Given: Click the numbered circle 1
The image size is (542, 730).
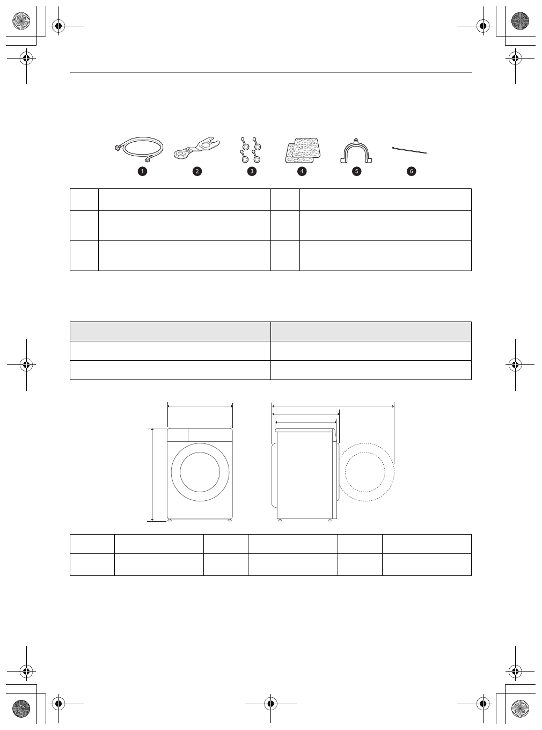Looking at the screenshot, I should pos(142,171).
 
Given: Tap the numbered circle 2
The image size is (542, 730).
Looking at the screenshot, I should pos(197,171).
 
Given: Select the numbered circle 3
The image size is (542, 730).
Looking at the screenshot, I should pos(251,171).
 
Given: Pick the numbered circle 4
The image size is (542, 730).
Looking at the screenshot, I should pos(302,171).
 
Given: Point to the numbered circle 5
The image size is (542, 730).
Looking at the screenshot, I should pos(356,171).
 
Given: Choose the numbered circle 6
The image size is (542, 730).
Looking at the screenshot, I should pos(412,171).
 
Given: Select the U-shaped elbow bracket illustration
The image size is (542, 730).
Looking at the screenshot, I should pos(356,150).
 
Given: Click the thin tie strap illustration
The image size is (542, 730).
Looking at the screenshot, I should pos(409,150).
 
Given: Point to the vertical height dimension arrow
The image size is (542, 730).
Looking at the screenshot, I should pos(153,474).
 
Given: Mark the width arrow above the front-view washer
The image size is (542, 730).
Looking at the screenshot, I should pos(200,406).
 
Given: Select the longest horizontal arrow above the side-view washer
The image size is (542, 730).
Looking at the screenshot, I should pos(333,406).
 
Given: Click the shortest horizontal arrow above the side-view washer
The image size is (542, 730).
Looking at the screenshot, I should pos(305,422).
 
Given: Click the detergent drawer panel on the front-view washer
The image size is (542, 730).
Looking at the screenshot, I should pos(178,434).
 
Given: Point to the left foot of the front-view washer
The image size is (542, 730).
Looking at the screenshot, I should pos(170,520).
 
